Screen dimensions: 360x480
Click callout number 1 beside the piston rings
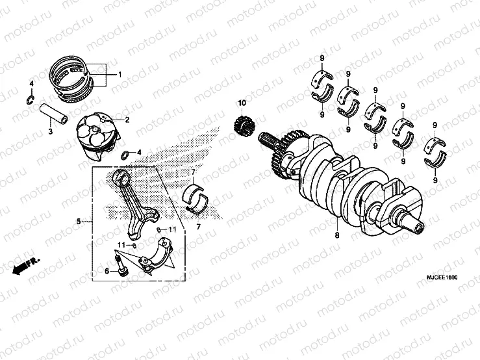click(120, 75)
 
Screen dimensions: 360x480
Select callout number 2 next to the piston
click(127, 120)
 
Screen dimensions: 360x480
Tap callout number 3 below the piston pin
click(49, 133)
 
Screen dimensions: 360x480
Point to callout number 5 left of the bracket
click(79, 222)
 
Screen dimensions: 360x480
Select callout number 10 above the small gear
click(242, 103)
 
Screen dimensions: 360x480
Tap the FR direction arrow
click(25, 266)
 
